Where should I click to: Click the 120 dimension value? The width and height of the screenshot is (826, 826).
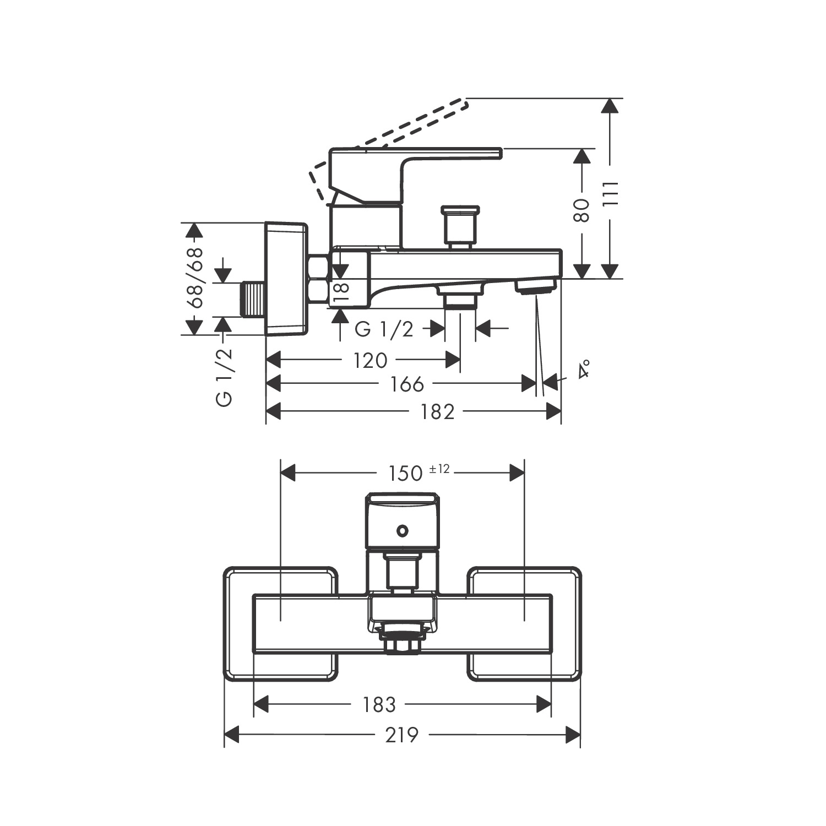(x=370, y=361)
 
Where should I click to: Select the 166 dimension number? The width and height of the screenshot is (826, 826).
(x=407, y=384)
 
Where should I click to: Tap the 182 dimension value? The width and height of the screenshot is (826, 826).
(x=438, y=411)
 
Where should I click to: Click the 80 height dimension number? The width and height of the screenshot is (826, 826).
(x=582, y=210)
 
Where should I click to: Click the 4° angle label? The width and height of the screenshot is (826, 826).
(x=584, y=368)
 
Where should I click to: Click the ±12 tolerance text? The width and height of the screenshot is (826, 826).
(x=440, y=469)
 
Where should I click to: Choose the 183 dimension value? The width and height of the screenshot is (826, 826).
(x=379, y=704)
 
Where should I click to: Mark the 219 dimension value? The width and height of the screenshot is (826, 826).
(x=401, y=735)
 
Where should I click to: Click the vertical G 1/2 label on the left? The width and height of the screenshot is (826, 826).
(x=225, y=378)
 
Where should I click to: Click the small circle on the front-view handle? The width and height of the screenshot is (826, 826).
(x=403, y=531)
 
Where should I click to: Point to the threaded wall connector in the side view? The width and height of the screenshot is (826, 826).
(x=253, y=299)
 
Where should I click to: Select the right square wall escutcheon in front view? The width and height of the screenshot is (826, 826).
(x=524, y=623)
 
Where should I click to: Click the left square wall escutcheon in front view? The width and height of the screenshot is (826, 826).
(x=280, y=623)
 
